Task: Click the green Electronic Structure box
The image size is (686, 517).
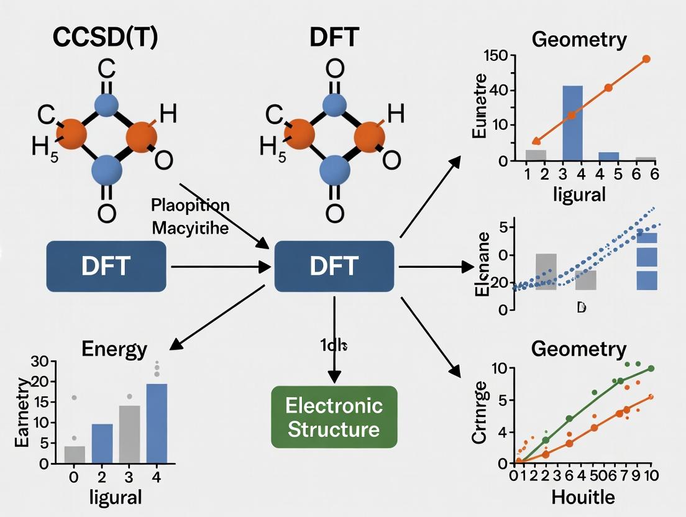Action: point(334,417)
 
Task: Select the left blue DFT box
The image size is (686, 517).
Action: point(106,267)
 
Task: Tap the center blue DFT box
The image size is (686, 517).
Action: point(334,267)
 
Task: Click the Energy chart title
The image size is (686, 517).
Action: point(114,349)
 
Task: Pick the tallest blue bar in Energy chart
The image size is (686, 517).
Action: point(157,423)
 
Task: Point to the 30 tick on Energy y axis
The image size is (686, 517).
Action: point(39,361)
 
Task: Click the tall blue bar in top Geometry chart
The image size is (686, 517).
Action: point(572,122)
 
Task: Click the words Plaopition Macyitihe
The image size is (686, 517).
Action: point(190,216)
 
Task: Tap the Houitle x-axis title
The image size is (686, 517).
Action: point(583,497)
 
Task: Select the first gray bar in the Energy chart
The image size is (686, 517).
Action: point(75,454)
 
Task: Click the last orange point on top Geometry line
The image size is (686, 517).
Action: point(646,59)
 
